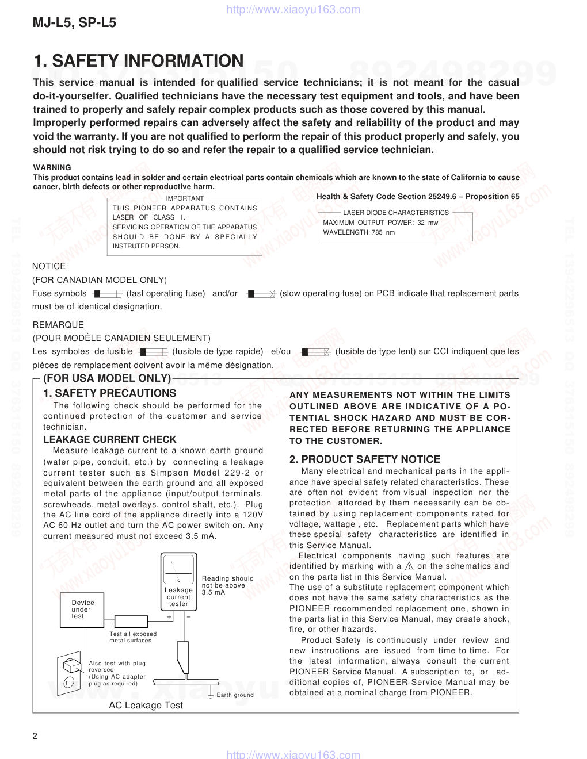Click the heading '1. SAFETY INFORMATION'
click(138, 61)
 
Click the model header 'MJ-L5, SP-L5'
click(74, 23)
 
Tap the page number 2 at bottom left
click(35, 737)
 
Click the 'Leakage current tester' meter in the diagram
click(178, 581)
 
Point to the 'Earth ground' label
click(235, 695)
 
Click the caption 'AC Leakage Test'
click(146, 706)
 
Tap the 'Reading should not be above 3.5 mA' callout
click(227, 585)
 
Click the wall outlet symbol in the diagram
click(70, 673)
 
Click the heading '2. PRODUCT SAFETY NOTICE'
click(365, 459)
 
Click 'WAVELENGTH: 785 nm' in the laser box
click(359, 232)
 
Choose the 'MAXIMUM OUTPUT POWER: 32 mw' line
click(380, 223)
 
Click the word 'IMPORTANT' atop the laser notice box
click(185, 198)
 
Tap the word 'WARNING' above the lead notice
click(52, 168)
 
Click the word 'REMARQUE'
click(58, 325)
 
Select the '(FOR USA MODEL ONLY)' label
click(107, 378)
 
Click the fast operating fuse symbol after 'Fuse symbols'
click(108, 294)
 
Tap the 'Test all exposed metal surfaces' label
click(133, 637)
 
